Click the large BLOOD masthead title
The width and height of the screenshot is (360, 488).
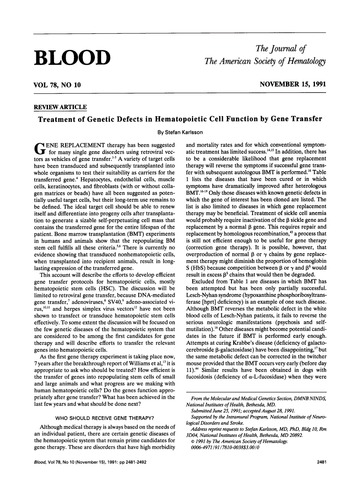(72, 58)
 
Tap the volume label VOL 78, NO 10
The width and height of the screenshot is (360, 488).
(57, 85)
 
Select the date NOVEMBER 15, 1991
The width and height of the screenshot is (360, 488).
(293, 85)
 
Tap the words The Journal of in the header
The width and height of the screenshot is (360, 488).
(281, 49)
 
